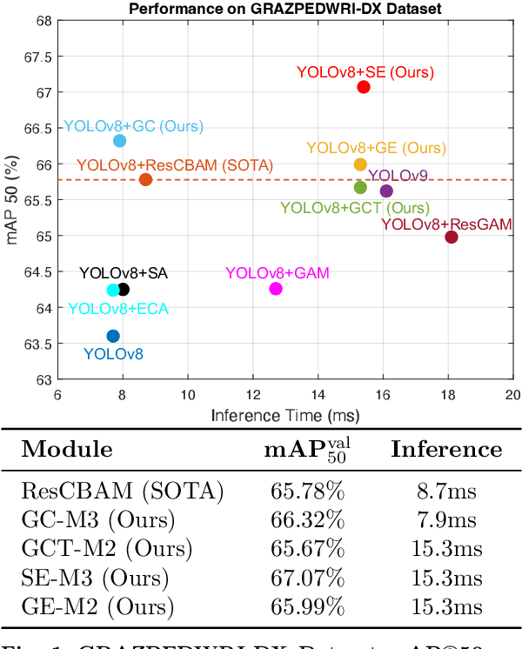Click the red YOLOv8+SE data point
[x=364, y=87]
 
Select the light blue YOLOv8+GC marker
[x=120, y=141]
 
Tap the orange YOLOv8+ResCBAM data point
[x=145, y=180]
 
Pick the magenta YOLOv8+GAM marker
[x=276, y=289]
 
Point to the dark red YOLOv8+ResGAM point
[x=452, y=237]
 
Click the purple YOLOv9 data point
[x=386, y=191]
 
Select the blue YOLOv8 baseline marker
[x=113, y=336]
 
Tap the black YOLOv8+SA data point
[x=123, y=290]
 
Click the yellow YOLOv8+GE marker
[x=360, y=164]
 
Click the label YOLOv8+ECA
[x=118, y=308]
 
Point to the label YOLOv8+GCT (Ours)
[x=354, y=208]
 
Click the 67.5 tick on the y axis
[x=40, y=57]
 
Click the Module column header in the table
[x=67, y=449]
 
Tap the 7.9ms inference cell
[x=446, y=520]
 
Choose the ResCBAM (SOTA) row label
[x=122, y=491]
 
